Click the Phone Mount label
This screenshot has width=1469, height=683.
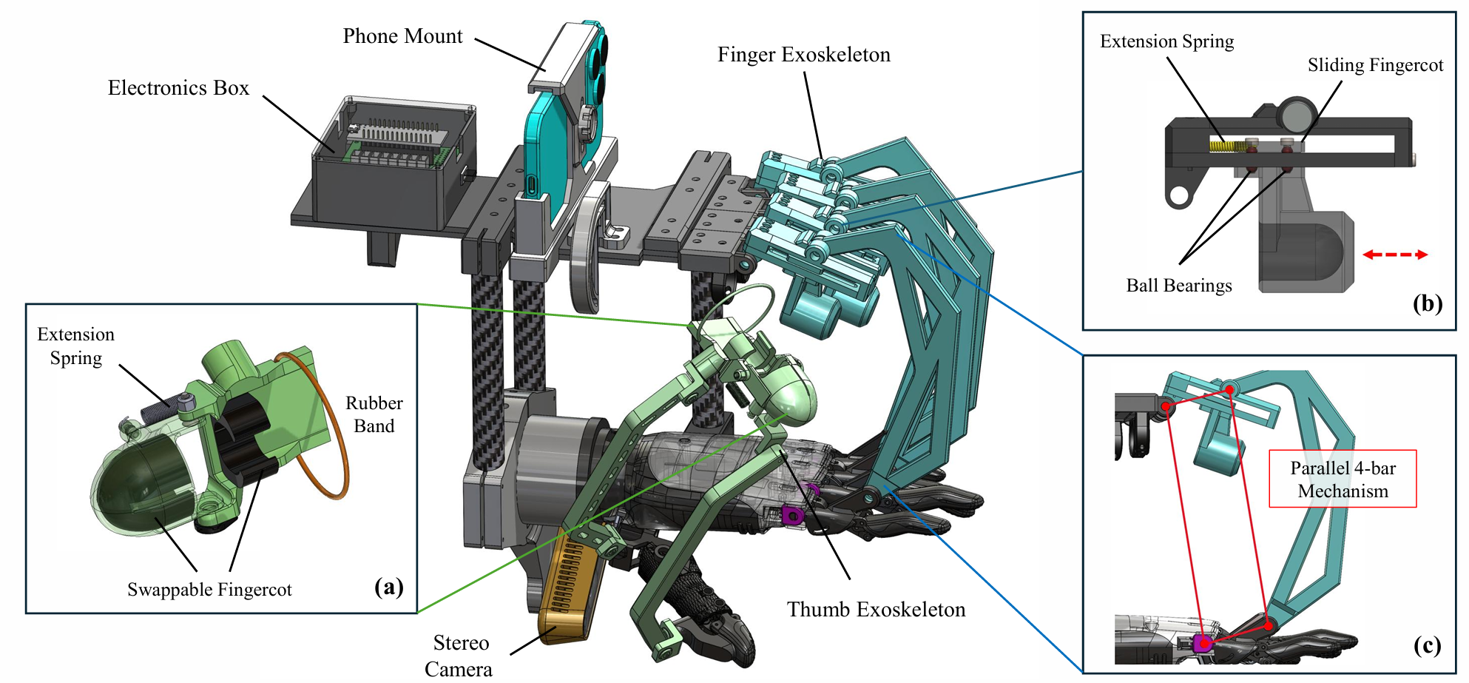coord(402,36)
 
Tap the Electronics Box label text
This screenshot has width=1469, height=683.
coord(178,88)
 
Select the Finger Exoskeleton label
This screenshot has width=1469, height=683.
coord(803,55)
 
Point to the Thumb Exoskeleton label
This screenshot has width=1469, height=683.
coord(876,610)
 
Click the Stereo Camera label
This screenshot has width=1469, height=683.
coord(459,656)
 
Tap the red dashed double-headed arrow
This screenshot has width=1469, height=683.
coord(1394,255)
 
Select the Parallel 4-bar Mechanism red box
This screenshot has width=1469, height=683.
coord(1343,479)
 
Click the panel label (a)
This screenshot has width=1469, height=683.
coord(389,587)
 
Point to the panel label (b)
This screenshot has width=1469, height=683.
coord(1427,303)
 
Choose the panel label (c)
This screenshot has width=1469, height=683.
coord(1427,646)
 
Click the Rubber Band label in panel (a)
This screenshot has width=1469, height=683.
coord(374,414)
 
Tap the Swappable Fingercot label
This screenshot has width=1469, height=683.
coord(209,590)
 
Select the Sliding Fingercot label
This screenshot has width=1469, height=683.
coord(1375,65)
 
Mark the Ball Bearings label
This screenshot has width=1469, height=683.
coord(1179,286)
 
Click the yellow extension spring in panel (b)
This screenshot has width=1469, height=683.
coord(1223,146)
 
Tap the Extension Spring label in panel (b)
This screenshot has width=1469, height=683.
coord(1166,41)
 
